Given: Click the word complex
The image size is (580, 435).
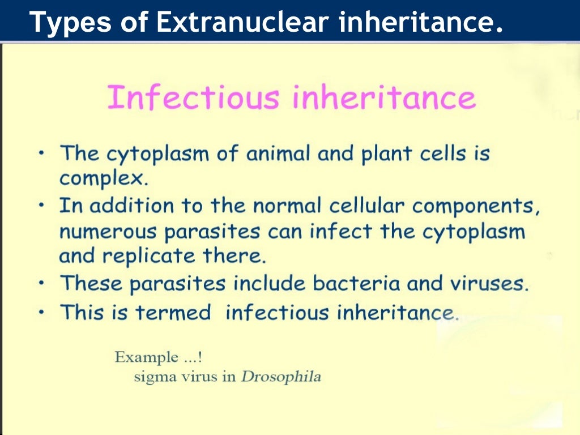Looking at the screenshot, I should (103, 179).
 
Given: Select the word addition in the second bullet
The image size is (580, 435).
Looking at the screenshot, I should (132, 206).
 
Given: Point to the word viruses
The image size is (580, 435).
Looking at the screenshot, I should (488, 283).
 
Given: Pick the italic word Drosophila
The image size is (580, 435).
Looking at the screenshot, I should (281, 377).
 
